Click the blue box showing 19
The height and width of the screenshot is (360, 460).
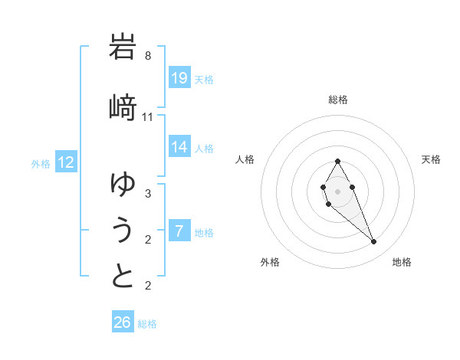tap(179, 77)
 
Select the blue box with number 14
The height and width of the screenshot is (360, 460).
tap(179, 147)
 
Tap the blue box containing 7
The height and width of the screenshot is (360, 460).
tap(179, 231)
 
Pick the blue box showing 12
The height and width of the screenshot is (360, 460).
tap(67, 162)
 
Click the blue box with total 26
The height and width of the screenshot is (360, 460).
tap(123, 322)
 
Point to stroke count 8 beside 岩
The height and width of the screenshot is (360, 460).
tap(148, 56)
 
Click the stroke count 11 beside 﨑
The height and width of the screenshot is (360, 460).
tap(148, 116)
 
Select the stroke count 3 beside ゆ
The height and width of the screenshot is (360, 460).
tap(148, 193)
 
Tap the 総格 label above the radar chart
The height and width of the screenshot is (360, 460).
tap(338, 100)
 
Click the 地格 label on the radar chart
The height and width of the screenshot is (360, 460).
tap(402, 262)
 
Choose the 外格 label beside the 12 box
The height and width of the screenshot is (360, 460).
tap(41, 163)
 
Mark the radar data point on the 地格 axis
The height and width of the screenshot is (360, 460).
tap(373, 242)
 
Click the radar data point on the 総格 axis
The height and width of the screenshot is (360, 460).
tap(337, 161)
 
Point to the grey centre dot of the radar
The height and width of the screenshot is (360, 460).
tap(337, 190)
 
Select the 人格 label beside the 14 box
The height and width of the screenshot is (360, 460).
tap(204, 148)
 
